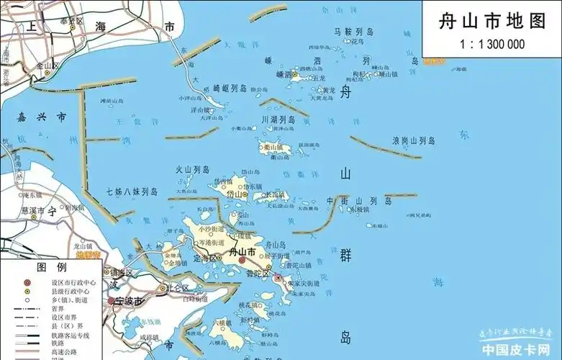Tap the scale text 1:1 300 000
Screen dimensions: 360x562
pyautogui.click(x=492, y=45)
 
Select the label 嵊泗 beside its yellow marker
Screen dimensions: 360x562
pyautogui.click(x=274, y=74)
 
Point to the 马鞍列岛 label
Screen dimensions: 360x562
pyautogui.click(x=353, y=32)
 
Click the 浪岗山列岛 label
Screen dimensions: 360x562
pyautogui.click(x=413, y=140)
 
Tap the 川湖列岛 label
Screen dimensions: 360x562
pyautogui.click(x=277, y=120)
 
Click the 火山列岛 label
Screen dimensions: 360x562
pyautogui.click(x=192, y=170)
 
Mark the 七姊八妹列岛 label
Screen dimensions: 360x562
pyautogui.click(x=131, y=192)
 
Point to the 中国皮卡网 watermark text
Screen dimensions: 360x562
pyautogui.click(x=517, y=351)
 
